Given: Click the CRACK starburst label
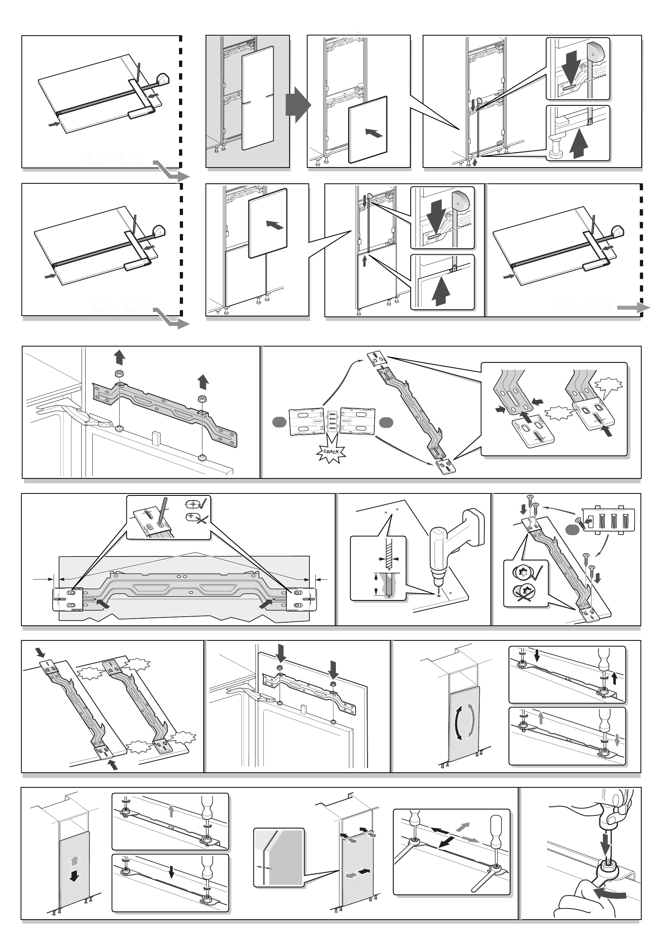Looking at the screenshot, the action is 331,451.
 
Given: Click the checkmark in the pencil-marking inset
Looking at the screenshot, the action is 203,503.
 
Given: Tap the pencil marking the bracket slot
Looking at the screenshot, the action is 162,510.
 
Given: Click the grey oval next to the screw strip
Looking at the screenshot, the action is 572,530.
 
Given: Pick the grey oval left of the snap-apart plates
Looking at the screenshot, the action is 279,422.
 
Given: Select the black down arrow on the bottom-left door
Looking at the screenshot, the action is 74,876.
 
